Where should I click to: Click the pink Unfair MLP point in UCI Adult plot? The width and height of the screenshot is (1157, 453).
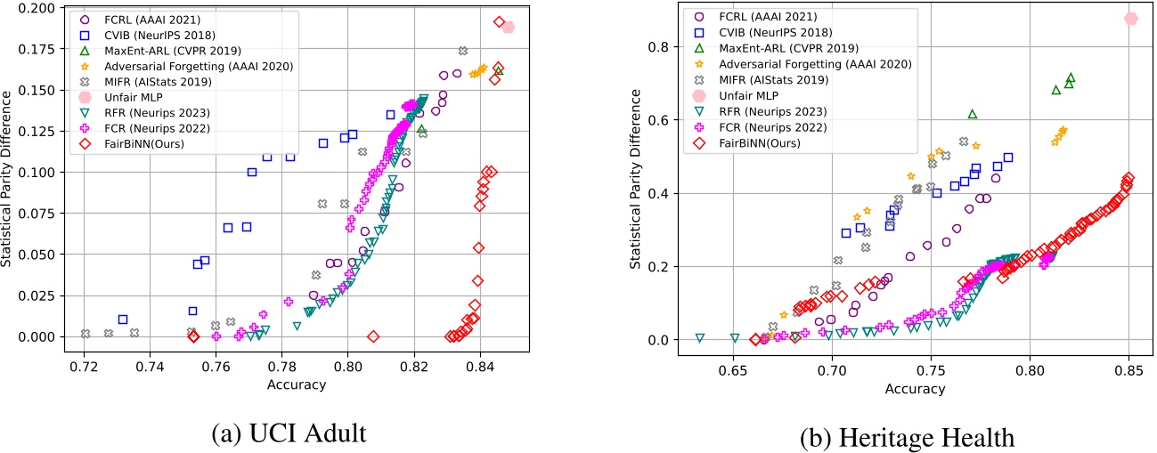click(x=508, y=28)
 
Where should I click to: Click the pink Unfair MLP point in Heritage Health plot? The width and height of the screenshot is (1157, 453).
click(x=1131, y=19)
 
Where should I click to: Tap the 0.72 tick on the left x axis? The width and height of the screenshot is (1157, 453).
click(x=85, y=364)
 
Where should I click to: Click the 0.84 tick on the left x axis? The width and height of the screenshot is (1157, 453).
click(x=481, y=364)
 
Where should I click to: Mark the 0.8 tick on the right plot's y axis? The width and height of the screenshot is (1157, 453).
click(x=657, y=46)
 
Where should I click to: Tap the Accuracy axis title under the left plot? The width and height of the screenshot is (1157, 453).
click(x=297, y=384)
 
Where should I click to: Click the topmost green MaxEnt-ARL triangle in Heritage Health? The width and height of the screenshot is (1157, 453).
click(x=1071, y=78)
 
